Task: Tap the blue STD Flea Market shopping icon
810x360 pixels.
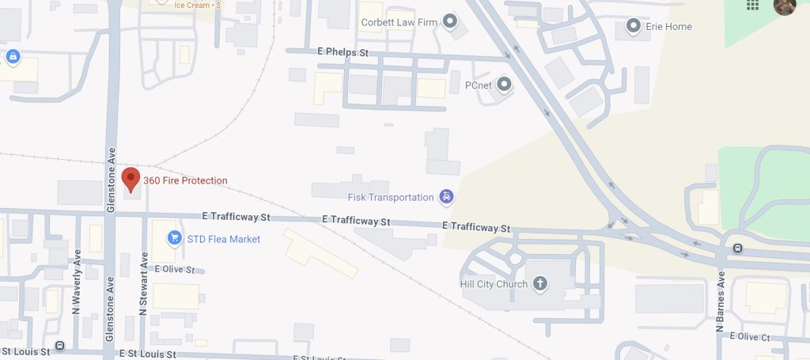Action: (174, 238)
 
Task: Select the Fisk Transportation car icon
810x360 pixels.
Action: (446, 197)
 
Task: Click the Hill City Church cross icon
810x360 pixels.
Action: (540, 284)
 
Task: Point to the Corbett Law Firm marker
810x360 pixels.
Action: (451, 21)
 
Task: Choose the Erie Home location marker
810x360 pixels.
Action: (633, 27)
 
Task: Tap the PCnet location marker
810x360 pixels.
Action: (503, 84)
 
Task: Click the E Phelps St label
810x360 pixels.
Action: (343, 52)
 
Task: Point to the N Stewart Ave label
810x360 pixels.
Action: (144, 283)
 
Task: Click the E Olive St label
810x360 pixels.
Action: (175, 270)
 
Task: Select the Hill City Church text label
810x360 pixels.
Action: (494, 284)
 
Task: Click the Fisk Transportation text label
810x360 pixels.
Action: (391, 197)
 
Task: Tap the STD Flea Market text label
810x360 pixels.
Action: (223, 239)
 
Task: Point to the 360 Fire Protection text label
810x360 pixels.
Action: (185, 181)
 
